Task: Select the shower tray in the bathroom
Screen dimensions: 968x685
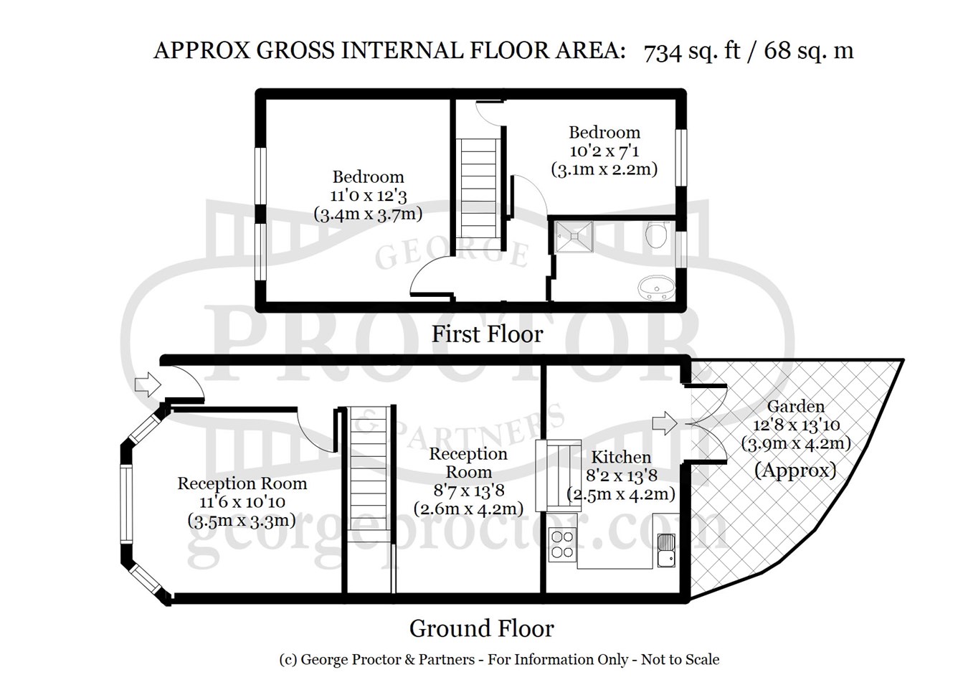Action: (574, 237)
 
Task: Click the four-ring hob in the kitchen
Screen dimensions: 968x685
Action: (562, 544)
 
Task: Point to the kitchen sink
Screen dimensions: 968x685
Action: (666, 550)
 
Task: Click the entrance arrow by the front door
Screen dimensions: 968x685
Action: (148, 384)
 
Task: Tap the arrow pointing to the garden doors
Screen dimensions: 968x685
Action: (665, 423)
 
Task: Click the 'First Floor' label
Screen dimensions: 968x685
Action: (487, 334)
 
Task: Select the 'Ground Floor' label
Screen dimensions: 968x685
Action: (481, 629)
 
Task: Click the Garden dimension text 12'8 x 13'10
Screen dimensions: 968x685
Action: (797, 425)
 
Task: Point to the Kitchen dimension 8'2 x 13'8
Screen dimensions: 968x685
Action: (621, 476)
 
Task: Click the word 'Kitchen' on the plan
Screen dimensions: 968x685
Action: (621, 457)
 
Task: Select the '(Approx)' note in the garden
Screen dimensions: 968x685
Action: (795, 471)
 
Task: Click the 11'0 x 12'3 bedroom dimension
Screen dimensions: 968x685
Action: (368, 196)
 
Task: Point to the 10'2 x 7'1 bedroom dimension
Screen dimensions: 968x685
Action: (604, 151)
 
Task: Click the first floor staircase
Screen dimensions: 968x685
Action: (478, 189)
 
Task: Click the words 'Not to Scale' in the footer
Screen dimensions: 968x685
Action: (680, 659)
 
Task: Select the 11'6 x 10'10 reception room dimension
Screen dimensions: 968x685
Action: (242, 502)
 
